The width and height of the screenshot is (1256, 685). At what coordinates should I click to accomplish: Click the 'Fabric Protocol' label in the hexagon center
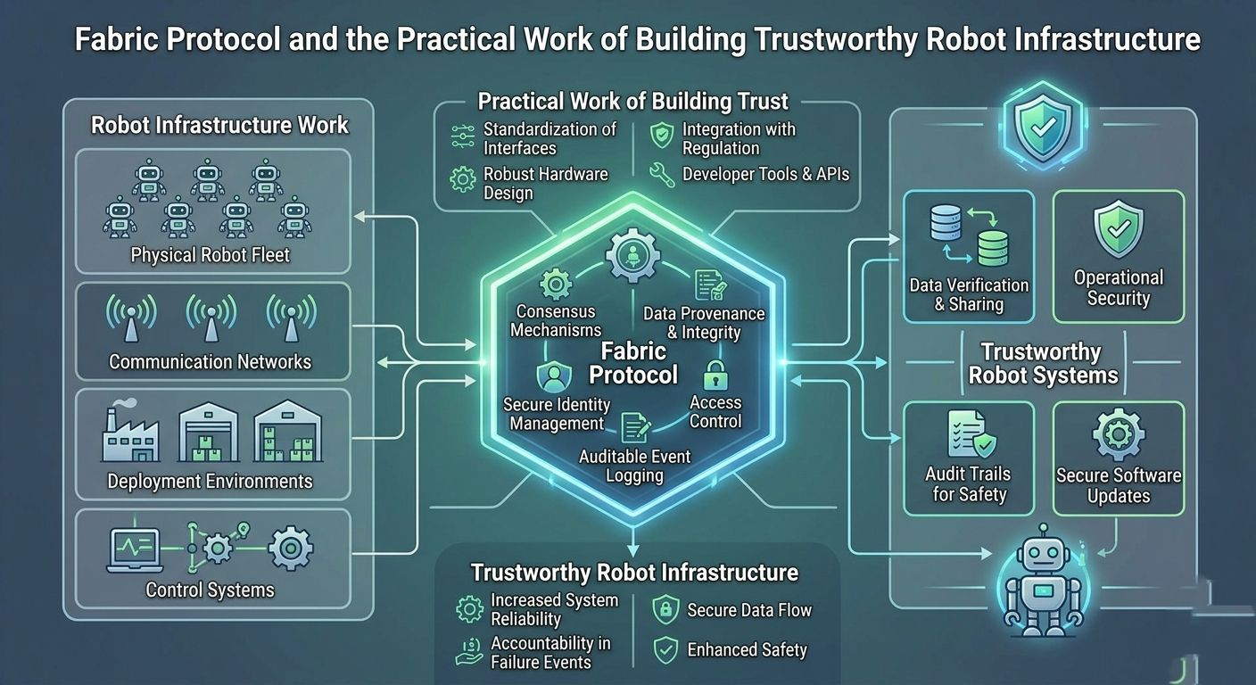[x=633, y=362]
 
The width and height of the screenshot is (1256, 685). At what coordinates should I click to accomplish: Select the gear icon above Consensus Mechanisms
[x=556, y=285]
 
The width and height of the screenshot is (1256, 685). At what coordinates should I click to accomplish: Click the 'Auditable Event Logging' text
[x=634, y=466]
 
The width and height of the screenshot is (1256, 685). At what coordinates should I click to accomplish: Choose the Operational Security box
[x=1118, y=256]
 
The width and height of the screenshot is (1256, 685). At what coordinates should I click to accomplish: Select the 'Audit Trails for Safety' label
[x=969, y=483]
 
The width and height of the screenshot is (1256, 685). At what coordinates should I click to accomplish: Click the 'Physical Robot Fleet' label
[x=211, y=255]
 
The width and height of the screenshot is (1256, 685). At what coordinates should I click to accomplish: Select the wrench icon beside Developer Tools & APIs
[x=661, y=174]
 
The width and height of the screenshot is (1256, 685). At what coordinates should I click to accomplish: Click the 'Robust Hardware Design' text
[x=533, y=183]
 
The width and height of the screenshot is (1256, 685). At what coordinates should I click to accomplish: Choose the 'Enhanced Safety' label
[x=747, y=650]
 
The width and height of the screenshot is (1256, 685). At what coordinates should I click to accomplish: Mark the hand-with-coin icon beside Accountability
[x=468, y=652]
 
